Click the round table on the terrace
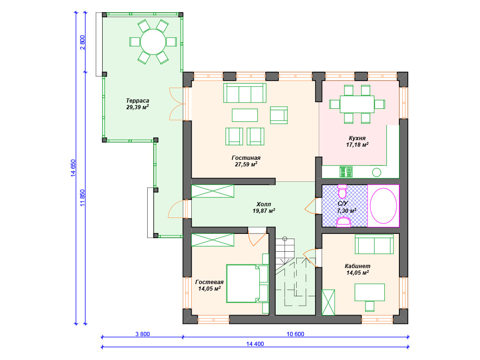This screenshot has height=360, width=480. [153, 42]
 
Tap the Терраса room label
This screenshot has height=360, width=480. [137, 101]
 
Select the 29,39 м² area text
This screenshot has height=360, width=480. [137, 107]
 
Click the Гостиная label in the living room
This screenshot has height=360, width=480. [246, 158]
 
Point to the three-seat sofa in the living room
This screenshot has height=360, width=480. [245, 93]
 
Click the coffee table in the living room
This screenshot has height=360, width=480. [245, 115]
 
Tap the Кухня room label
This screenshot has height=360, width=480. [357, 138]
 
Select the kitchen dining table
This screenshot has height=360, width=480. [357, 104]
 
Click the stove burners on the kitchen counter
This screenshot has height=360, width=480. [346, 172]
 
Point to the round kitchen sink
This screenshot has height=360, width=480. [376, 172]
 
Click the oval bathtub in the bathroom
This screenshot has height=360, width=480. [383, 206]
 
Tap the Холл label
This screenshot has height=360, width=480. [263, 204]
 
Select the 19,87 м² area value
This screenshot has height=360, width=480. [263, 211]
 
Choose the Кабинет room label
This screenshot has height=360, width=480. [357, 266]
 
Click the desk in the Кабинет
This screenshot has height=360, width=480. [370, 292]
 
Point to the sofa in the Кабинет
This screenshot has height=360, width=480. [374, 244]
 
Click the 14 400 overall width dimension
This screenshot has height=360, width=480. [255, 344]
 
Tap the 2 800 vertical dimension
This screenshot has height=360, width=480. [82, 43]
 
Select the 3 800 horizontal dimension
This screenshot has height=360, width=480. [142, 334]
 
